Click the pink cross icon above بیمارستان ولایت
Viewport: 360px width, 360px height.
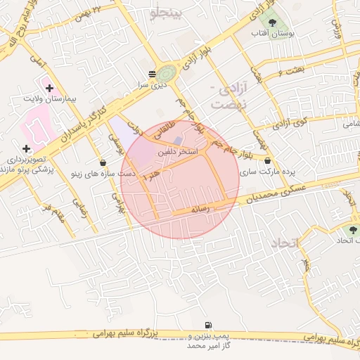coord(49,88)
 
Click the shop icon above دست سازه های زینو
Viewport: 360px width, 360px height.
coord(103,162)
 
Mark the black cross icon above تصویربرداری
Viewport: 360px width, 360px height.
coord(26,149)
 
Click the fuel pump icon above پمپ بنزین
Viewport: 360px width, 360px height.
coord(207,325)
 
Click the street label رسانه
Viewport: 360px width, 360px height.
coord(201,209)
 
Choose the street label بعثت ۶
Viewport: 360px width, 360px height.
coord(289,71)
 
